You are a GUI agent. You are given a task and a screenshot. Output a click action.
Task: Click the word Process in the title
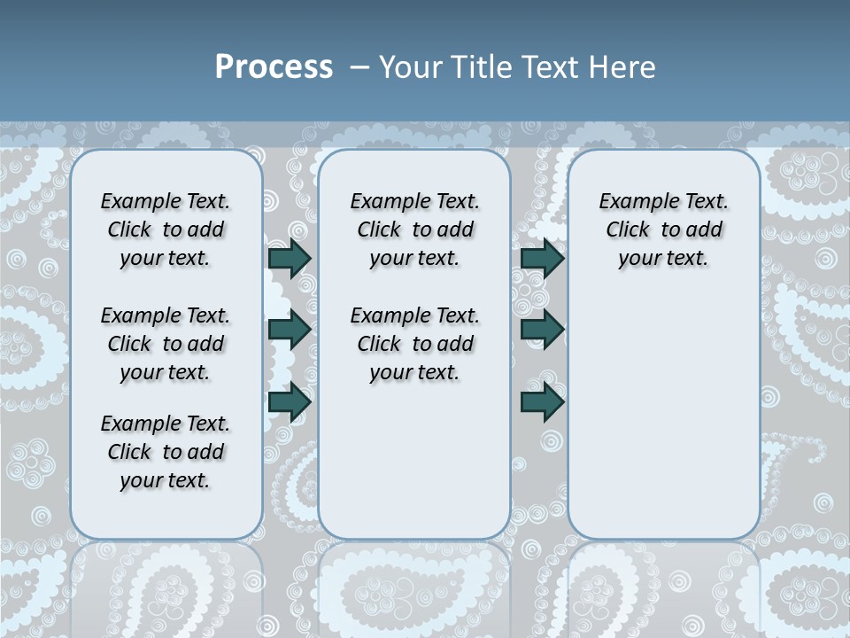[274, 66]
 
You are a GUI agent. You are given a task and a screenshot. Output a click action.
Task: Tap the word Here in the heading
[622, 67]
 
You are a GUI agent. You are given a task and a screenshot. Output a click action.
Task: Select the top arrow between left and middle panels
[290, 258]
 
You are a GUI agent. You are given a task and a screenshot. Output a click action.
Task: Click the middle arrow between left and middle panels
[290, 330]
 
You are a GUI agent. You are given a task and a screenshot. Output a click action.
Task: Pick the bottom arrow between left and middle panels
[290, 402]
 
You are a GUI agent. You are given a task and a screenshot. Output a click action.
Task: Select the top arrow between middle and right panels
[542, 258]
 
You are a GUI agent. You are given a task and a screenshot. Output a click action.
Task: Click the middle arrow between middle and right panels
[542, 330]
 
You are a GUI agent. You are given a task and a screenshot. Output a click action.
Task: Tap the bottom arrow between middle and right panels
[542, 402]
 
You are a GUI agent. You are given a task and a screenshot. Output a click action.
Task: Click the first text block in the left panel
[166, 230]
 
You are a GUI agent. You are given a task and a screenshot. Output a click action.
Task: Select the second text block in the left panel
[166, 344]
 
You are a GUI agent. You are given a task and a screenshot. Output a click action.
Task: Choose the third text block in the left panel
[166, 452]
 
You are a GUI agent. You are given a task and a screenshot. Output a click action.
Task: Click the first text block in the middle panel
[414, 230]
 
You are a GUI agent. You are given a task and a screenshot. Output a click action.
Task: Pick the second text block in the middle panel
[414, 344]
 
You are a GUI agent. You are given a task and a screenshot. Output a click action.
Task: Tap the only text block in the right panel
[663, 230]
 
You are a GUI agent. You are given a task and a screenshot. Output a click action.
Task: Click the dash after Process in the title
[359, 67]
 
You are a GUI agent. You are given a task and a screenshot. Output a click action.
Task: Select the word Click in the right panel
[628, 230]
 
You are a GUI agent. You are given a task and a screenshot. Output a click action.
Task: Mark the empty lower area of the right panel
[663, 416]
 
